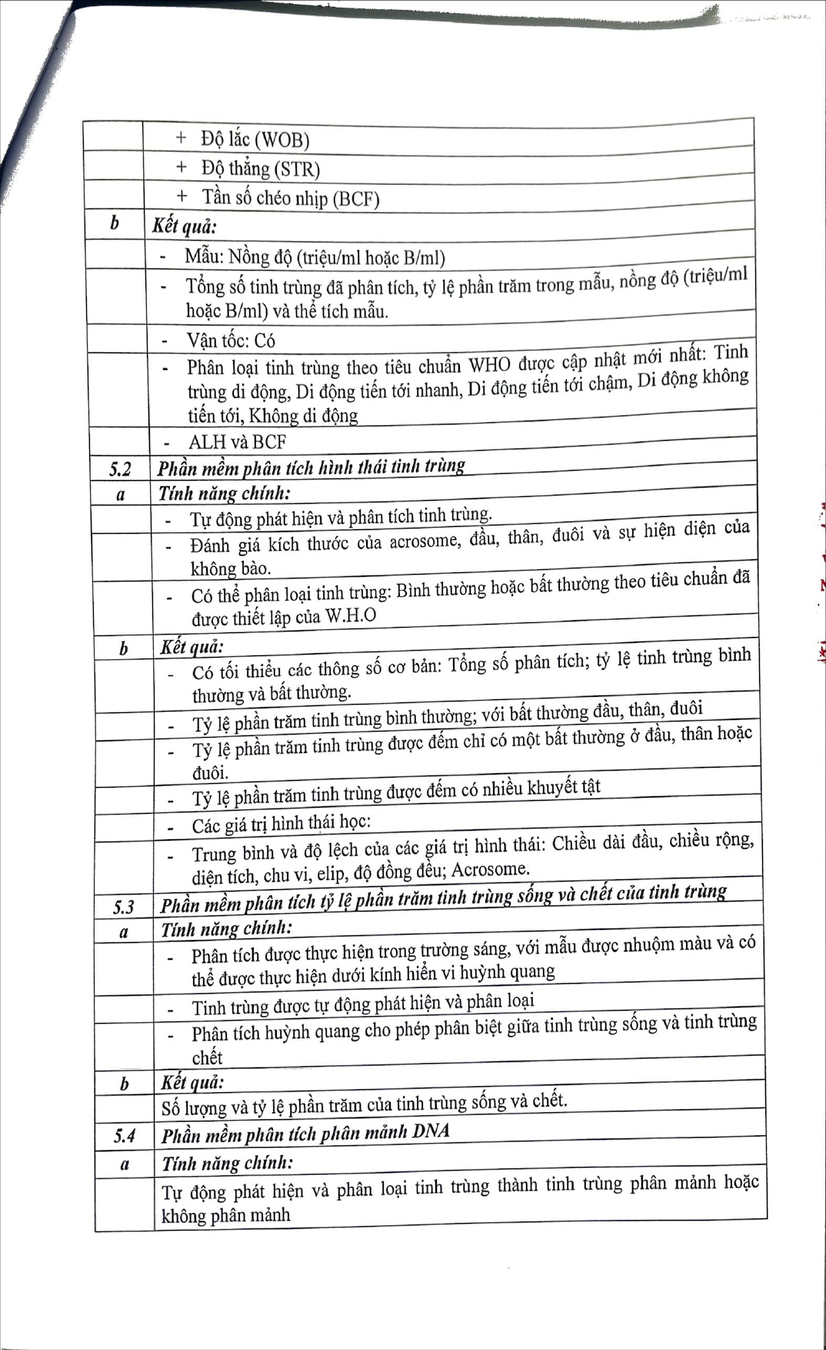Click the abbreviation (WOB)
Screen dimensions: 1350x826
pos(281,140)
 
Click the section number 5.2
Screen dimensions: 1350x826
pos(120,468)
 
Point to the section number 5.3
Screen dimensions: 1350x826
pos(123,907)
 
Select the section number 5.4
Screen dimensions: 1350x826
pos(125,1135)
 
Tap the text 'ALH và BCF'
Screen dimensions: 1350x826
pos(237,442)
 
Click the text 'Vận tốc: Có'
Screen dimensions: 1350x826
pos(230,340)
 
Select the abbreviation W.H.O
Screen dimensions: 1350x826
pos(351,616)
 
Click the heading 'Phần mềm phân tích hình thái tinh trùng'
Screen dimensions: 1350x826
pos(311,468)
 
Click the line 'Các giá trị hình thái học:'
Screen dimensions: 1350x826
pos(281,825)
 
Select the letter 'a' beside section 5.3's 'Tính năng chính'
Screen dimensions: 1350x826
pos(124,932)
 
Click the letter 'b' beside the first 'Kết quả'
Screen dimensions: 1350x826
pos(114,224)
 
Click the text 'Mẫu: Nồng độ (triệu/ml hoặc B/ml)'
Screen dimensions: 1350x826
pos(315,257)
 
